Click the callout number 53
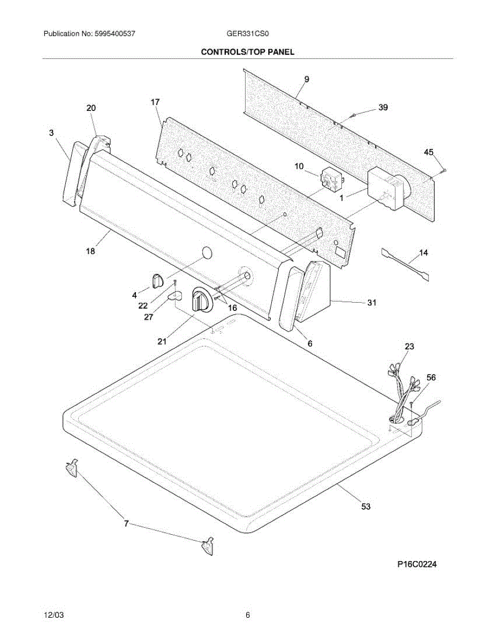[365, 506]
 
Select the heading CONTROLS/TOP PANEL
[247, 52]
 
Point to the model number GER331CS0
[248, 34]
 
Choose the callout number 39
[383, 108]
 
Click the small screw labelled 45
[444, 171]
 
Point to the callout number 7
[126, 524]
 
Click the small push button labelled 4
[157, 280]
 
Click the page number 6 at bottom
[248, 616]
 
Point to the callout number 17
[155, 102]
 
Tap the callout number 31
[371, 303]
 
